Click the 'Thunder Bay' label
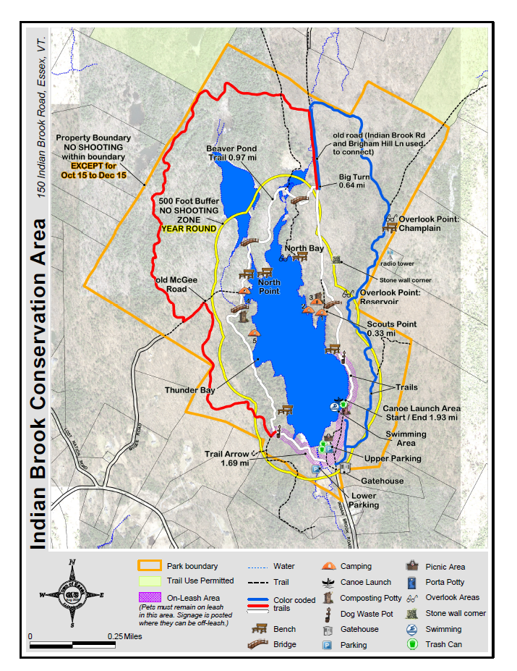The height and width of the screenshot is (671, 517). tap(189, 390)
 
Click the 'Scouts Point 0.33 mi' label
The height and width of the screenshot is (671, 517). tap(391, 329)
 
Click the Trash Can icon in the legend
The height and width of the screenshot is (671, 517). tap(414, 644)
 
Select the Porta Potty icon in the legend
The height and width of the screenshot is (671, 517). tap(414, 582)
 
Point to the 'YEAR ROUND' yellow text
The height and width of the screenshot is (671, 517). tap(188, 229)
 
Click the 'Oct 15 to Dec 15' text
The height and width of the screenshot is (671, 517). tap(93, 176)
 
